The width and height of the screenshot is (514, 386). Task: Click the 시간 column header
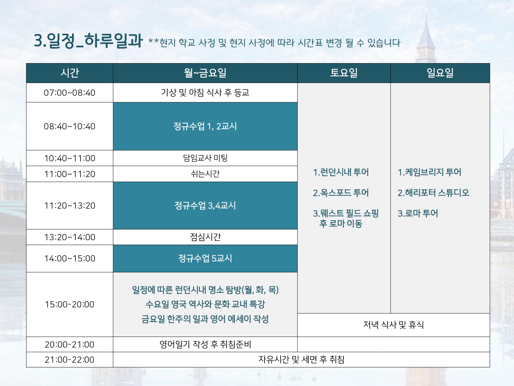70,73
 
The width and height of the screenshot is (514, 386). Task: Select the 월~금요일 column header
205,73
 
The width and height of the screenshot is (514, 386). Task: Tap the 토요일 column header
344,73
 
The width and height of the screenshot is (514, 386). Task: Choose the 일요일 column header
440,73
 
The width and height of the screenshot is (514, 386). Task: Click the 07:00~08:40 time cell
70,93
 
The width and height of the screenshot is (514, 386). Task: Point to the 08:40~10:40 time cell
70,126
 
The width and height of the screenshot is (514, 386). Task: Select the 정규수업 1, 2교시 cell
205,126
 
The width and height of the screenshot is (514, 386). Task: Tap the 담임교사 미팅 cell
205,158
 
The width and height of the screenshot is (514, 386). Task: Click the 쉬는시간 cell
205,174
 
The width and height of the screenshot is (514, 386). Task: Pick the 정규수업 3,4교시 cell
205,206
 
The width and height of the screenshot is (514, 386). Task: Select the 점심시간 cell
205,237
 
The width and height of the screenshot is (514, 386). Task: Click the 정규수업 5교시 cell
205,258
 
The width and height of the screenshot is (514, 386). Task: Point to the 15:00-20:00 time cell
70,304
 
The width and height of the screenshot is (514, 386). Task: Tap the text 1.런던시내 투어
341,172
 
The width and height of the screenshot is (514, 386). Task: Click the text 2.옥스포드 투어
341,193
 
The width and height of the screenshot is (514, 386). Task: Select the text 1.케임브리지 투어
429,172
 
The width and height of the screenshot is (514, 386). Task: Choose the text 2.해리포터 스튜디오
433,193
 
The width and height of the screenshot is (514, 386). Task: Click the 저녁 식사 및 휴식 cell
393,325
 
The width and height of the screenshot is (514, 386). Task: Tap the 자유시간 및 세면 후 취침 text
301,360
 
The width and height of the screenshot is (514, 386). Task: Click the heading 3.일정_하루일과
88,41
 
